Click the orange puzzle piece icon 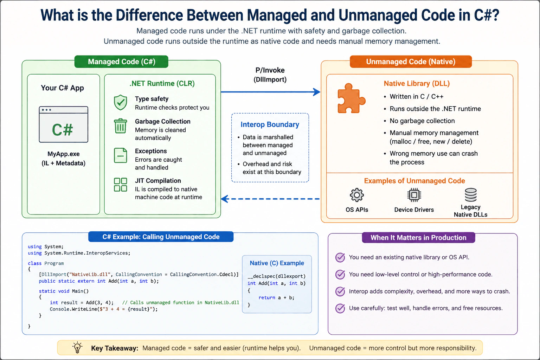(x=351, y=98)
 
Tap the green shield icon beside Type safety (x=120, y=102)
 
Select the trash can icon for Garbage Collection (x=120, y=126)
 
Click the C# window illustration (x=63, y=124)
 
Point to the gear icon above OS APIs (x=357, y=195)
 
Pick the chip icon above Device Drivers (x=414, y=195)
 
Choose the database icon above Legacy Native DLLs (x=471, y=195)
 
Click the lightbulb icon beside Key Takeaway (x=77, y=347)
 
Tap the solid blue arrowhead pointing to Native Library (x=317, y=92)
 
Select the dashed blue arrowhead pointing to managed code (x=225, y=199)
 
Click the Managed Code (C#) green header (x=121, y=62)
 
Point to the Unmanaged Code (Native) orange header (x=411, y=62)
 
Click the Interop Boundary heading (x=270, y=124)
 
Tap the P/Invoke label (x=270, y=70)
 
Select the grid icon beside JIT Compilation (x=120, y=185)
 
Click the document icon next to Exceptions (x=120, y=155)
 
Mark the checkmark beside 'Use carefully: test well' (x=340, y=308)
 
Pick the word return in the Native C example (x=266, y=297)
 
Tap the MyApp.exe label (x=63, y=154)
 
